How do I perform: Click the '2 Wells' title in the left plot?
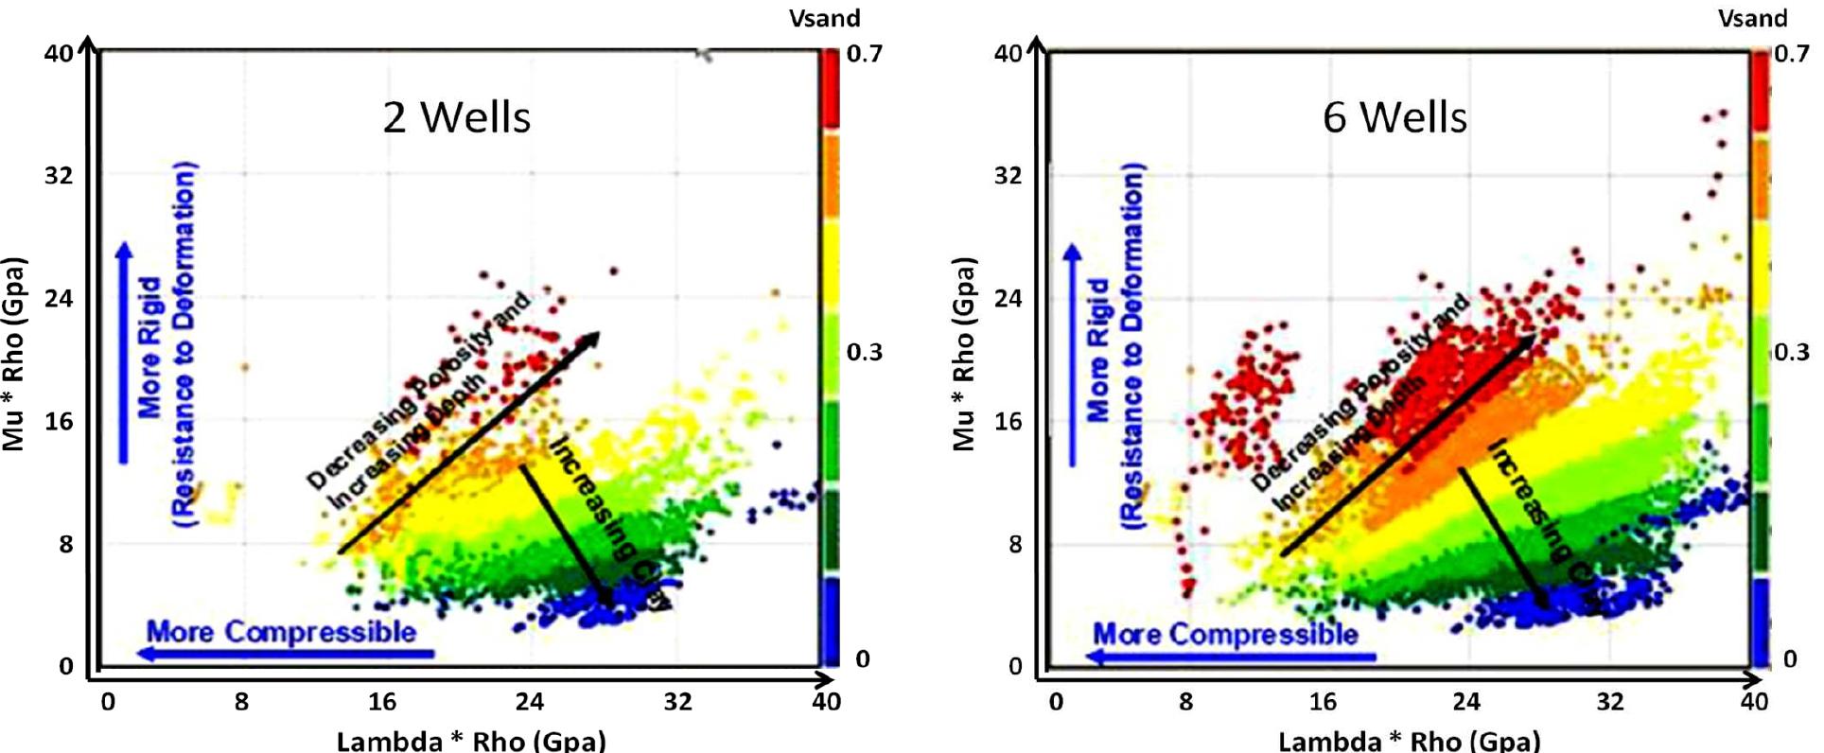click(456, 117)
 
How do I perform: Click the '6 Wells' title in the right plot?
click(1394, 117)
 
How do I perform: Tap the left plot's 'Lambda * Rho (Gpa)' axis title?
click(470, 739)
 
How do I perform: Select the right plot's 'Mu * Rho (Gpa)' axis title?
click(962, 353)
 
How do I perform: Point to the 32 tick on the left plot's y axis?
click(58, 175)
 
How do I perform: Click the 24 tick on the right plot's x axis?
click(1465, 701)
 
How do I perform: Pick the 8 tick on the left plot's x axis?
click(241, 701)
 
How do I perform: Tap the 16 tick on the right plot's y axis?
click(1008, 421)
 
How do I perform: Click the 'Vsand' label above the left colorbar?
click(825, 17)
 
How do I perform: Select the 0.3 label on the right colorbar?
click(1791, 352)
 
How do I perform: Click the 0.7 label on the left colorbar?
click(864, 53)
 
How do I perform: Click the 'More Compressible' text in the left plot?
click(281, 631)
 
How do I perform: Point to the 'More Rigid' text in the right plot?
click(1097, 348)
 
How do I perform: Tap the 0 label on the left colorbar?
click(862, 658)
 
